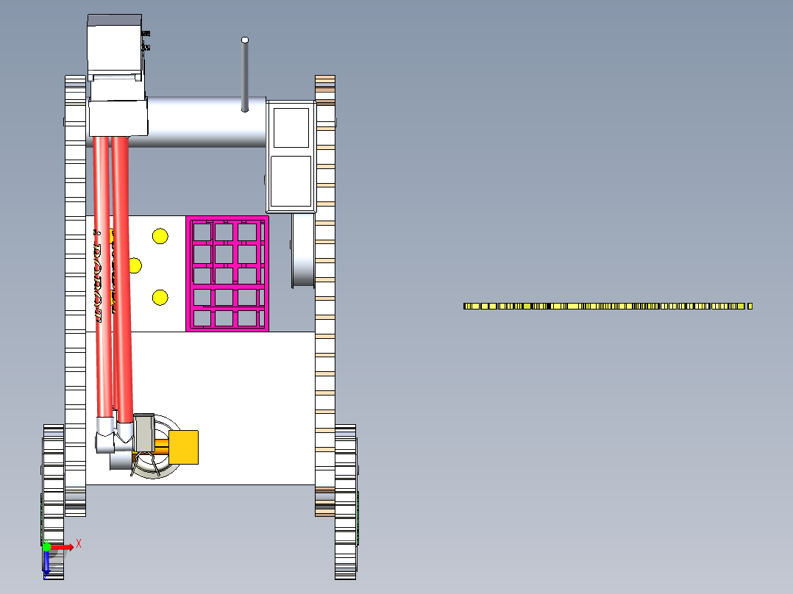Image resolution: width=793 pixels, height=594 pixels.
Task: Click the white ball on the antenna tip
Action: tap(245, 40)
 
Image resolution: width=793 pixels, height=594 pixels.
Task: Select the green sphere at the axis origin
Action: tap(47, 547)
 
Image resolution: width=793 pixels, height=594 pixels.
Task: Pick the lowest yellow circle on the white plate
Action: tap(160, 297)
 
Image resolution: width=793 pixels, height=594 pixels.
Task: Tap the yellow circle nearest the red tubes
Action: tap(135, 265)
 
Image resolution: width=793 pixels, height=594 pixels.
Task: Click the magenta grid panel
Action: tap(227, 274)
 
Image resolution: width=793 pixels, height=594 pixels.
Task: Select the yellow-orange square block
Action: tap(184, 447)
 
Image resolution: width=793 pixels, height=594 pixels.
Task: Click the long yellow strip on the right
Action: tap(608, 306)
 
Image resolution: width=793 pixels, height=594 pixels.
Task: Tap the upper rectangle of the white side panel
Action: tap(291, 127)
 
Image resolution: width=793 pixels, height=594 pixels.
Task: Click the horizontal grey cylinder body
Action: tap(206, 121)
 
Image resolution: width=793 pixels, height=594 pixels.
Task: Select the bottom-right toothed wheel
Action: tap(345, 500)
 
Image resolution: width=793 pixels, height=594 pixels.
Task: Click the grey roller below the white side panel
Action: tap(302, 250)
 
